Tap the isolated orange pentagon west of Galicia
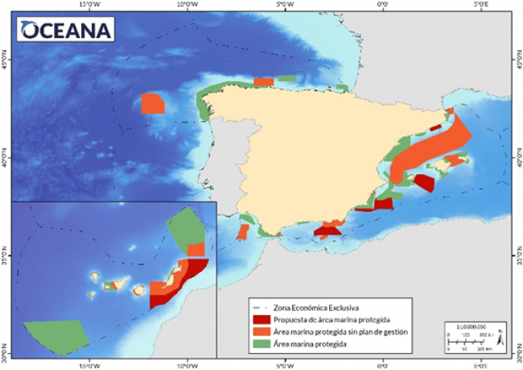click(x=151, y=104)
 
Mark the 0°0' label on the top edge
click(x=384, y=6)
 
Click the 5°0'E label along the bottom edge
click(x=480, y=364)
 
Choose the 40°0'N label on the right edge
click(x=517, y=159)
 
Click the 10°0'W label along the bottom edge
click(x=187, y=364)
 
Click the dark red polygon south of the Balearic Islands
click(x=424, y=182)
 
